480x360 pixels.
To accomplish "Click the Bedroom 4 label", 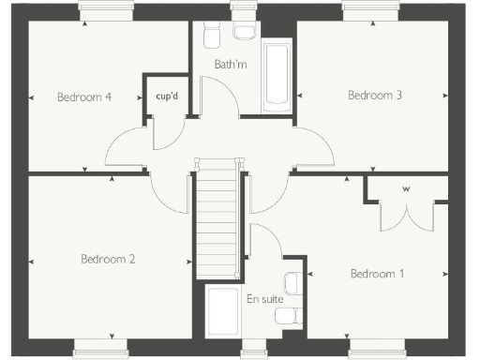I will [84, 96].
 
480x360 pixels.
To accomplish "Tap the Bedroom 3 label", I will [375, 95].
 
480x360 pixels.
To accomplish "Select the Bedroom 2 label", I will [109, 260].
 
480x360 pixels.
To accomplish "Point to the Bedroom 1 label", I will [377, 274].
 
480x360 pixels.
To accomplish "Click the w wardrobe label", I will [407, 188].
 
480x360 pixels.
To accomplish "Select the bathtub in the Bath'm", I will [276, 75].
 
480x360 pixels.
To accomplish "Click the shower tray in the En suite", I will [222, 312].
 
